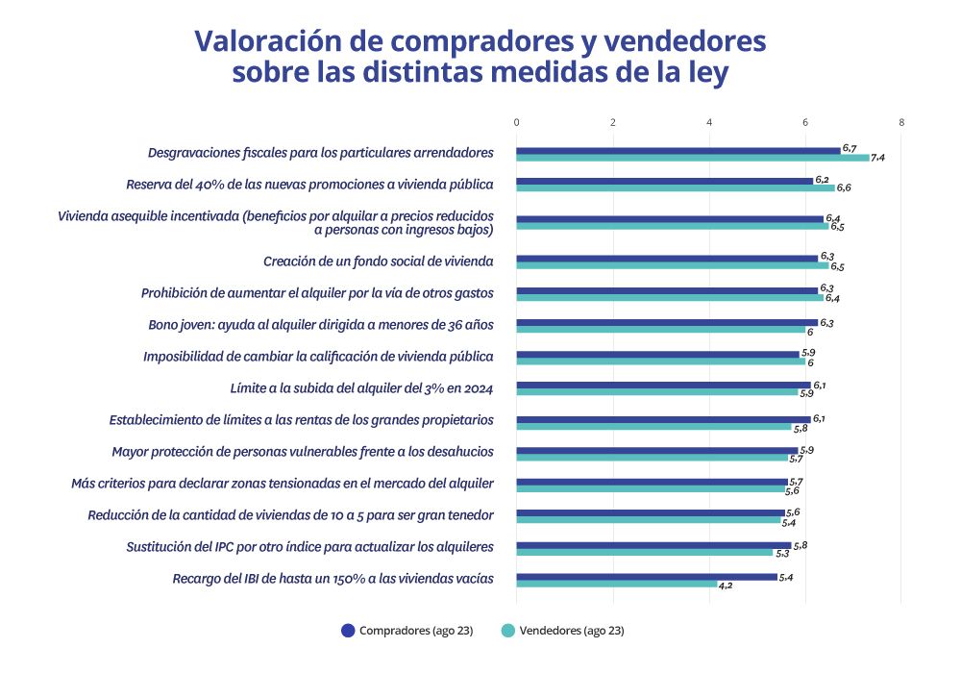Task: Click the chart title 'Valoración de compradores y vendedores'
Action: (480, 42)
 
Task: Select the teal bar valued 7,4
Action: (692, 158)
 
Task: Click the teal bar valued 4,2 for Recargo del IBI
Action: (616, 584)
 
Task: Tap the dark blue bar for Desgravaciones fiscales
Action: (678, 150)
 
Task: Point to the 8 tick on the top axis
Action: (901, 123)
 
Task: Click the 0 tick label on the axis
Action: (516, 123)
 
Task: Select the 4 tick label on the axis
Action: (709, 123)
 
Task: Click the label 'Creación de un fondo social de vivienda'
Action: (379, 261)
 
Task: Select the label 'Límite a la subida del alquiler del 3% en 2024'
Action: (362, 388)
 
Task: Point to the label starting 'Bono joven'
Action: (321, 325)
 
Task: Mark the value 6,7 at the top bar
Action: (849, 148)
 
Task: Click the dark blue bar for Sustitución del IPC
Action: (653, 545)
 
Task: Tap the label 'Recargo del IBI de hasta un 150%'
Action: (333, 579)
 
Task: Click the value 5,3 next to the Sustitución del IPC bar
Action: (782, 554)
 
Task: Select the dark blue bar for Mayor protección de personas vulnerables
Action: (656, 450)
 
